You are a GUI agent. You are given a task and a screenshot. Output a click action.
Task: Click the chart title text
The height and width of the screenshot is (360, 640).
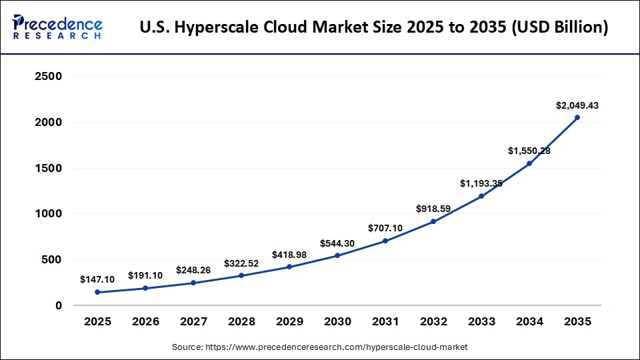pos(374,28)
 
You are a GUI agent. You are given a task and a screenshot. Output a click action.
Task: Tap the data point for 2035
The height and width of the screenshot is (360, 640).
pos(577,117)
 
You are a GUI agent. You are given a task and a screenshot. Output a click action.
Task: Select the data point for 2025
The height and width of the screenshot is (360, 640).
pos(97,292)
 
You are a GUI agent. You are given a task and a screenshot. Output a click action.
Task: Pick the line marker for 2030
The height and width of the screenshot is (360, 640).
pos(337,255)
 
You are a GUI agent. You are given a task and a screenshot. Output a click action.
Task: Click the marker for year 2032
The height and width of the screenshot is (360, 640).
pos(433,221)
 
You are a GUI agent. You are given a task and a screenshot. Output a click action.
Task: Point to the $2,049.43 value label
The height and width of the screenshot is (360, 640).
pos(577,105)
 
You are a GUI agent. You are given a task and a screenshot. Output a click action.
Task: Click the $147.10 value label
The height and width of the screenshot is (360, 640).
pos(97,279)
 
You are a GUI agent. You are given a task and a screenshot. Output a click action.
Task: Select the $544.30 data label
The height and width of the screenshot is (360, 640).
pos(337,243)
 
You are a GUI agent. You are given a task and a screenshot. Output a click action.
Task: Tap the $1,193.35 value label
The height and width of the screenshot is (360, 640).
pos(481,183)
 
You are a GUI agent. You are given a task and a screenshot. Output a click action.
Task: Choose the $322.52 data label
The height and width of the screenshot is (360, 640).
pos(241,263)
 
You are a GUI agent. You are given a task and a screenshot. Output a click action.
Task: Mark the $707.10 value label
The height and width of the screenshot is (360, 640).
pos(385,228)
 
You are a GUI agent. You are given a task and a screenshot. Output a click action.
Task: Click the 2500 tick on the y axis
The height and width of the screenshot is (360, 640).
pos(48,77)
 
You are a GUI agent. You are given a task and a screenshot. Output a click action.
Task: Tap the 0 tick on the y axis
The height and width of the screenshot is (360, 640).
pos(59,306)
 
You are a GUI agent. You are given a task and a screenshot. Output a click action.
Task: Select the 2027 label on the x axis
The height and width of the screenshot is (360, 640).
pos(193,321)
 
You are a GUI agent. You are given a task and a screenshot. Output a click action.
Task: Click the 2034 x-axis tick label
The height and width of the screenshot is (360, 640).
pos(529,321)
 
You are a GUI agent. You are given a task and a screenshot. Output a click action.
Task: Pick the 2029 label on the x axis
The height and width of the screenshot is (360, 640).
pos(289,321)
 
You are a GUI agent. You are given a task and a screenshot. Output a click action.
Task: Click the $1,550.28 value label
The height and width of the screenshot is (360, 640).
pos(529,151)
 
